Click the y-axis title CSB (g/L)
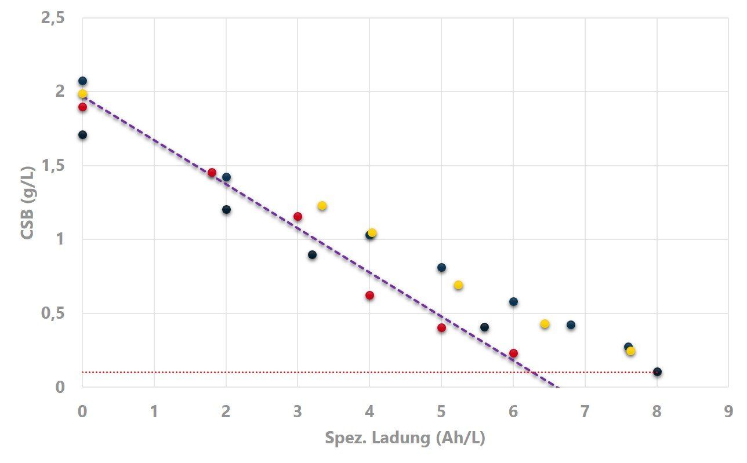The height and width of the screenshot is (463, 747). (28, 202)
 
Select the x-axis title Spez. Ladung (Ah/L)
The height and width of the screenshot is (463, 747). (405, 438)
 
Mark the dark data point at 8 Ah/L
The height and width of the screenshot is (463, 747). (657, 372)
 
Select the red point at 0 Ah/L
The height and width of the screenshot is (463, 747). (82, 107)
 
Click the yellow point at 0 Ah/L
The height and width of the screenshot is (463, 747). (82, 94)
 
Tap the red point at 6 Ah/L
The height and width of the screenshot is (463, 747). (513, 353)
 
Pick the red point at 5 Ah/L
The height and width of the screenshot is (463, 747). (441, 327)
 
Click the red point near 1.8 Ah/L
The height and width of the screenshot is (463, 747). (212, 173)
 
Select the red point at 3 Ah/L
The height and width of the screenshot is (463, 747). (298, 217)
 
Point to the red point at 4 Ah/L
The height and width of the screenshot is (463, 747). (369, 296)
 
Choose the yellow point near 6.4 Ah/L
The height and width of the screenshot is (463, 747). (545, 324)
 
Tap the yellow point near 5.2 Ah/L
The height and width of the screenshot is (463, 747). (458, 285)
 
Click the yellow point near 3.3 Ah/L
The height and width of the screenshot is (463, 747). (322, 206)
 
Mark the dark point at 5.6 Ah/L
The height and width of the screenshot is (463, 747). (484, 327)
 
